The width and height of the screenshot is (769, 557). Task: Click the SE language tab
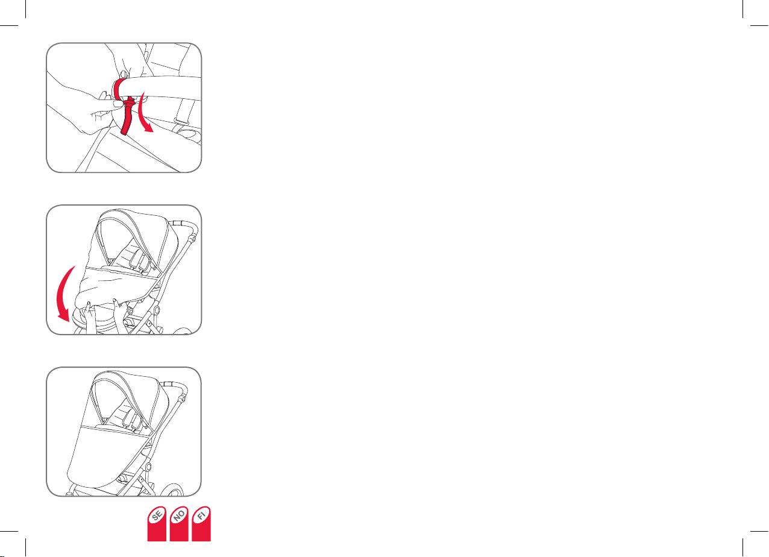(x=157, y=524)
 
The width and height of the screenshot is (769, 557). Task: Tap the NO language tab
(x=179, y=524)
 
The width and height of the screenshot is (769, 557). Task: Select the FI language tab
(x=201, y=524)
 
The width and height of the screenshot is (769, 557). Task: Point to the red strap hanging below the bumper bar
(x=127, y=116)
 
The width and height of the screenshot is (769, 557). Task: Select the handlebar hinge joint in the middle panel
(x=193, y=238)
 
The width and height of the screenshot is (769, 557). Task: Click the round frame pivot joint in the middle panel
(x=156, y=310)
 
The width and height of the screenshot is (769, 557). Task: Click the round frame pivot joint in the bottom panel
(x=148, y=467)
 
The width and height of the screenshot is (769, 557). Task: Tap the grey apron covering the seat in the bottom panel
(x=107, y=457)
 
